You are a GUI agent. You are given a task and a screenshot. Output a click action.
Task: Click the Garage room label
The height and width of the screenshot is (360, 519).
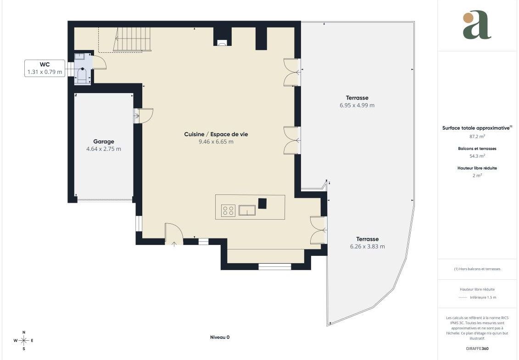pos(104,142)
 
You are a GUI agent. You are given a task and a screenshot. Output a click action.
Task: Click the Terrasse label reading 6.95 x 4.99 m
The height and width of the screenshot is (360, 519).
pos(357,102)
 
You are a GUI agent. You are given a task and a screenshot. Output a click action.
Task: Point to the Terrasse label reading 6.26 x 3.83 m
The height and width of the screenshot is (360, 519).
pos(368,243)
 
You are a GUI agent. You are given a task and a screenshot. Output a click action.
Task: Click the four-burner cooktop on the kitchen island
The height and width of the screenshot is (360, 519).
pos(228,210)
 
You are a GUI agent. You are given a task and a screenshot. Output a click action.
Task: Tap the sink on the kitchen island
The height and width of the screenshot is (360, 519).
pos(247,210)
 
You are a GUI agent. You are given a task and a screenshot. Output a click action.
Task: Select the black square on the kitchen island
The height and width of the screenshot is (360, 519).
pos(262,203)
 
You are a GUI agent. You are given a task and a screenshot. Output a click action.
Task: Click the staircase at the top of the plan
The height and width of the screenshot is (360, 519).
pos(133,39)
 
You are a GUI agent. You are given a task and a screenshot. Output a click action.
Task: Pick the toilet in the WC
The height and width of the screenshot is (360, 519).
pos(82,75)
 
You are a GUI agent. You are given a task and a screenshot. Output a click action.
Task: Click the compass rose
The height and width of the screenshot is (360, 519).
pos(23,340)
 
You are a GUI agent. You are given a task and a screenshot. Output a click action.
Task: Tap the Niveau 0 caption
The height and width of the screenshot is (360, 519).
pos(220,337)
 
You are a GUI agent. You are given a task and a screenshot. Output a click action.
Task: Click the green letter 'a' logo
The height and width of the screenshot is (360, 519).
pos(477,25)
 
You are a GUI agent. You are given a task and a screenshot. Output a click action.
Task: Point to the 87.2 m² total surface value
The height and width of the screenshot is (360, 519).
pos(477,136)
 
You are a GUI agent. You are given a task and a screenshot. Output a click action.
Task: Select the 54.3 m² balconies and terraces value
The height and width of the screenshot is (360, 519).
pos(477,156)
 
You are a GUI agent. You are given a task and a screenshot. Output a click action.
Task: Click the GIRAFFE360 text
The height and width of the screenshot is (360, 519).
pos(477,349)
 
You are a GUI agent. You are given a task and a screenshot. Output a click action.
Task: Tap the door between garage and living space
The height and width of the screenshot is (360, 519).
pos(144,116)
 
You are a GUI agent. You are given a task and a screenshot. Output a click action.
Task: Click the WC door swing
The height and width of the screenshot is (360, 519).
pos(99,62)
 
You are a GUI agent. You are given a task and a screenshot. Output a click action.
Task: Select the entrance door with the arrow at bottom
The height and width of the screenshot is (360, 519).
pos(174,234)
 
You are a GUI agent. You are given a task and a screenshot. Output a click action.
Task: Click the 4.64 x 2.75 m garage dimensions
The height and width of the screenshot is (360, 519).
pos(104,149)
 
